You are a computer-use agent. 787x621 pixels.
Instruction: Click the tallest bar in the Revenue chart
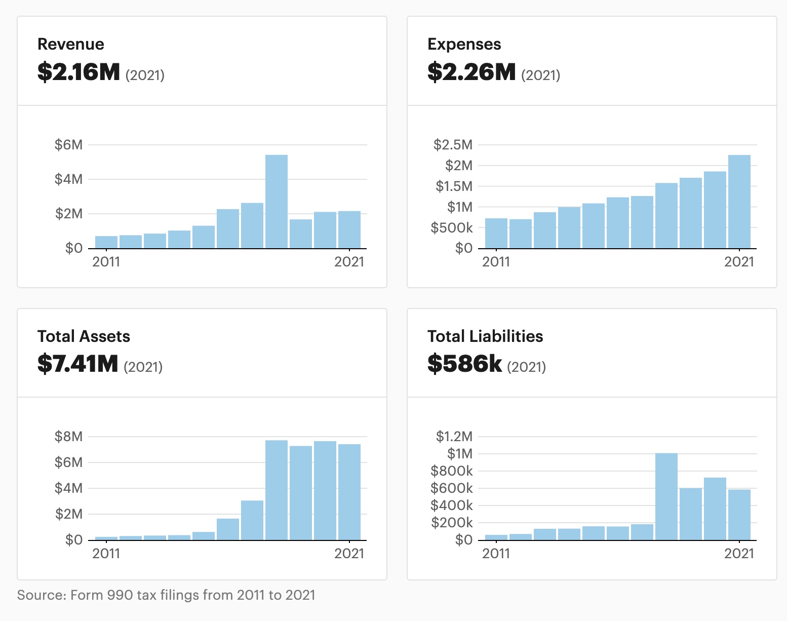coord(277,202)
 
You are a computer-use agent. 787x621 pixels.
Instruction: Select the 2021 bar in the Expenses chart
coord(739,202)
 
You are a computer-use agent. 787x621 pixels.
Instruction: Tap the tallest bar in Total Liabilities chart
coord(666,496)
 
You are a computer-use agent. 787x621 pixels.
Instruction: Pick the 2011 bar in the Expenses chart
coord(496,234)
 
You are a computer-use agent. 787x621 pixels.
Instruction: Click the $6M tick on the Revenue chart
coord(68,145)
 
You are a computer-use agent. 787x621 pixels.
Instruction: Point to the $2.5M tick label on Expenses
coord(453,145)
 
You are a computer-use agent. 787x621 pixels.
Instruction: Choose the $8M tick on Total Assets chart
coord(68,437)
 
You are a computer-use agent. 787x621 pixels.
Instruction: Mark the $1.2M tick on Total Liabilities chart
coord(454,437)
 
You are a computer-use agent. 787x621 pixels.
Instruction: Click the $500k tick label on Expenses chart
coord(451,228)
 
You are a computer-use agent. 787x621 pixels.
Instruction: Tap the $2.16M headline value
coord(78,72)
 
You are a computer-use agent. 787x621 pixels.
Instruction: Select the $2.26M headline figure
coord(471,72)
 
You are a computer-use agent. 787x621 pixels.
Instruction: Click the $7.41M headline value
coord(77,364)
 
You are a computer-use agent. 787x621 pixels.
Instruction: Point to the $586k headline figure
coord(464,364)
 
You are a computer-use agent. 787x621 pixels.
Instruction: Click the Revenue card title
coord(71,44)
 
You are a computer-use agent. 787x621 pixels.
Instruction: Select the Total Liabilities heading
coord(485,336)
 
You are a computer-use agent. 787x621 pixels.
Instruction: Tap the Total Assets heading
coord(84,336)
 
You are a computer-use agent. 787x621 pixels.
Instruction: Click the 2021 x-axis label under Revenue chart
coord(349,262)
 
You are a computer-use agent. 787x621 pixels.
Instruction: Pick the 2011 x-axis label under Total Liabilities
coord(496,554)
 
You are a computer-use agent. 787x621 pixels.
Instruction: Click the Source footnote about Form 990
coord(166,595)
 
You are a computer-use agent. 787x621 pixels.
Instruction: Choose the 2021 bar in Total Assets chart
coord(349,492)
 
